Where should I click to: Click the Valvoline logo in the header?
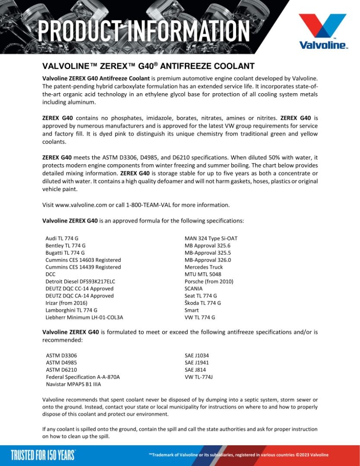point(323,31)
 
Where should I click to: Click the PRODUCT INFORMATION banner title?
point(144,31)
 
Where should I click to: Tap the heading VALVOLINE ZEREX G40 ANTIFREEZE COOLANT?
point(148,66)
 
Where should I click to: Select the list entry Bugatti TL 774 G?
point(65,253)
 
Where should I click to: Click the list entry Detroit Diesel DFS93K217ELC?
point(80,281)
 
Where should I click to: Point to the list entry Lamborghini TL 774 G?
point(71,310)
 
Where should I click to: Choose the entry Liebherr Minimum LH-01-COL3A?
point(84,318)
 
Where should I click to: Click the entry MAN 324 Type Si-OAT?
point(211,239)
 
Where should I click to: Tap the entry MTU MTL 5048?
point(203,274)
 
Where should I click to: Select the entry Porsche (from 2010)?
point(209,281)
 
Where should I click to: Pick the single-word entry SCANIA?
point(193,289)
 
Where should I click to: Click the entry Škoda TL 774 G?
point(202,303)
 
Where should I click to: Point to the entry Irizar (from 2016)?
point(66,303)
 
